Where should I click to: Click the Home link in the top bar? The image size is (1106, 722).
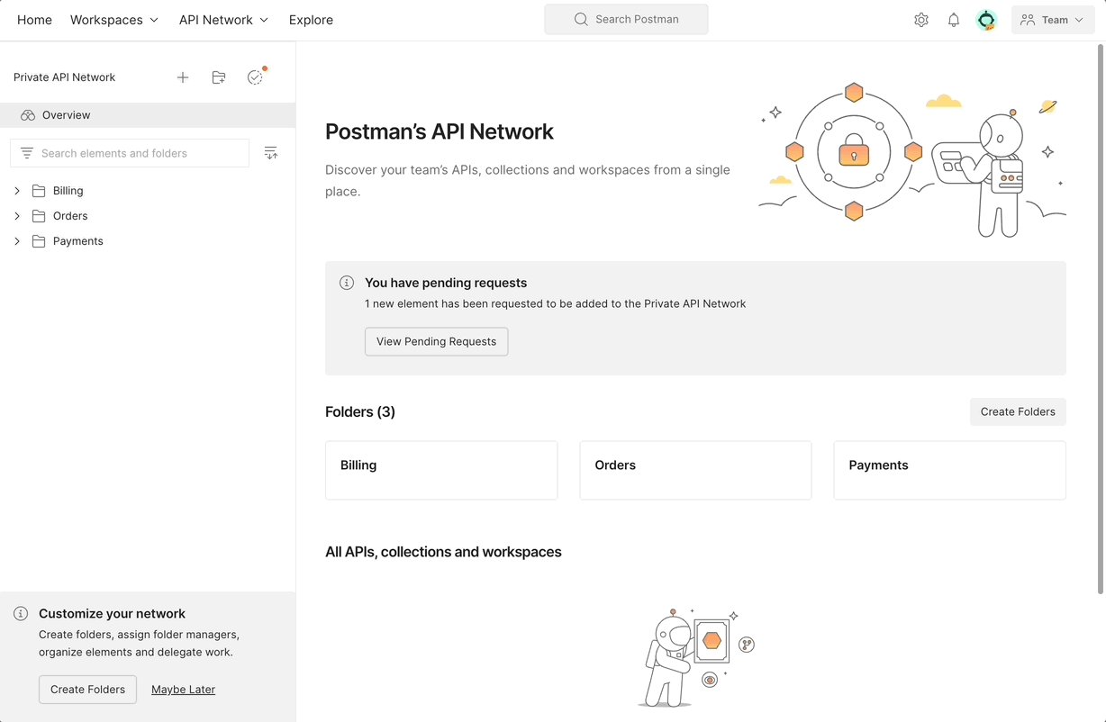point(34,20)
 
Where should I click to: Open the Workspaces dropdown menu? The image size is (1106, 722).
point(114,20)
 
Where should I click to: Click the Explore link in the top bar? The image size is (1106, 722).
point(311,20)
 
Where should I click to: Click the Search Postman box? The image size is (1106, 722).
point(626,20)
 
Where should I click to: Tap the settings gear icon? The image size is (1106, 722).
point(920,20)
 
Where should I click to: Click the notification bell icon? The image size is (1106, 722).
point(954,20)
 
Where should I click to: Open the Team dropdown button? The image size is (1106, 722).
point(1053,20)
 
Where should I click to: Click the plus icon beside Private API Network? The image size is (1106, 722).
point(183,77)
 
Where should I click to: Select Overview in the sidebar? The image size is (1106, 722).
point(66,115)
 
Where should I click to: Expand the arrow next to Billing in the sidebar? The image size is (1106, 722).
point(17,191)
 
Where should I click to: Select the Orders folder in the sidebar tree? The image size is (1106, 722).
point(70,216)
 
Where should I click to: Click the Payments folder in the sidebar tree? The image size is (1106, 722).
point(77,241)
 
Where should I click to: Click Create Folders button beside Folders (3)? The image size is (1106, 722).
point(1018,411)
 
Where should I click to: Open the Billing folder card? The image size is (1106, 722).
point(441,470)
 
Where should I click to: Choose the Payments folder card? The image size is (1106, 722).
point(949,470)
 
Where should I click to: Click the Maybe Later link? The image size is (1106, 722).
point(183,690)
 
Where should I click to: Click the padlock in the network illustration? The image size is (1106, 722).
point(854,152)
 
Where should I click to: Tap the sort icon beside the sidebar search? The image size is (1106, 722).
point(271,153)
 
